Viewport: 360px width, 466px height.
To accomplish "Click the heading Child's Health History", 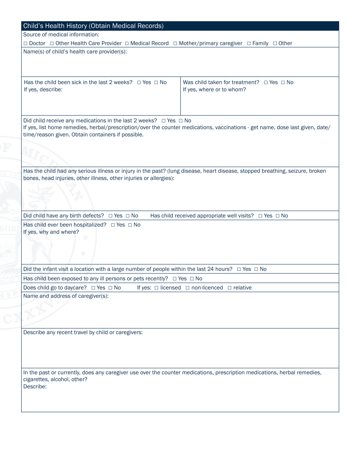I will [x=93, y=26].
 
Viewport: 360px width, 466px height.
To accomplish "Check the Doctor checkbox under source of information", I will [x=25, y=44].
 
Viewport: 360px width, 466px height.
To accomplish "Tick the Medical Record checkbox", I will [x=127, y=44].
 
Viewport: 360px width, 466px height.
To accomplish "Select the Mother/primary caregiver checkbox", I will [x=175, y=44].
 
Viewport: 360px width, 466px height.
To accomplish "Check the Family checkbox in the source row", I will [x=249, y=44].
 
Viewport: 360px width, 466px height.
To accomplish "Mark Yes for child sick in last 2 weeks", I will [x=139, y=83].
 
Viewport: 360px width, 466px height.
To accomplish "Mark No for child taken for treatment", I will [x=283, y=83].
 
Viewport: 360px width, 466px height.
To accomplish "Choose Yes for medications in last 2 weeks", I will [x=164, y=121].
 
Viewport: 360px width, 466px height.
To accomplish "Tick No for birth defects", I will [x=128, y=216].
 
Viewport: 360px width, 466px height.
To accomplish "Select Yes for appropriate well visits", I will [x=260, y=216].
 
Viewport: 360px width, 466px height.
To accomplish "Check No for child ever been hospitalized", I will [x=130, y=225].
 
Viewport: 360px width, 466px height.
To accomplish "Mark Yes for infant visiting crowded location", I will [x=239, y=269].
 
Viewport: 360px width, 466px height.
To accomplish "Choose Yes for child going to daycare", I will [x=93, y=288].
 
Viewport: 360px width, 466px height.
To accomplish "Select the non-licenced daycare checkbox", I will [x=188, y=288].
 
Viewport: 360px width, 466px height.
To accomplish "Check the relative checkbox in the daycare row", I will [x=230, y=288].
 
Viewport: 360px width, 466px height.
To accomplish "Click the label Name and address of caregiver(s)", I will [x=66, y=296].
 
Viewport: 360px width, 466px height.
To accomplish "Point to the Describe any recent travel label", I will [x=83, y=332].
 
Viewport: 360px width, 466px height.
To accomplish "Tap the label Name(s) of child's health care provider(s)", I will [x=75, y=52].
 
